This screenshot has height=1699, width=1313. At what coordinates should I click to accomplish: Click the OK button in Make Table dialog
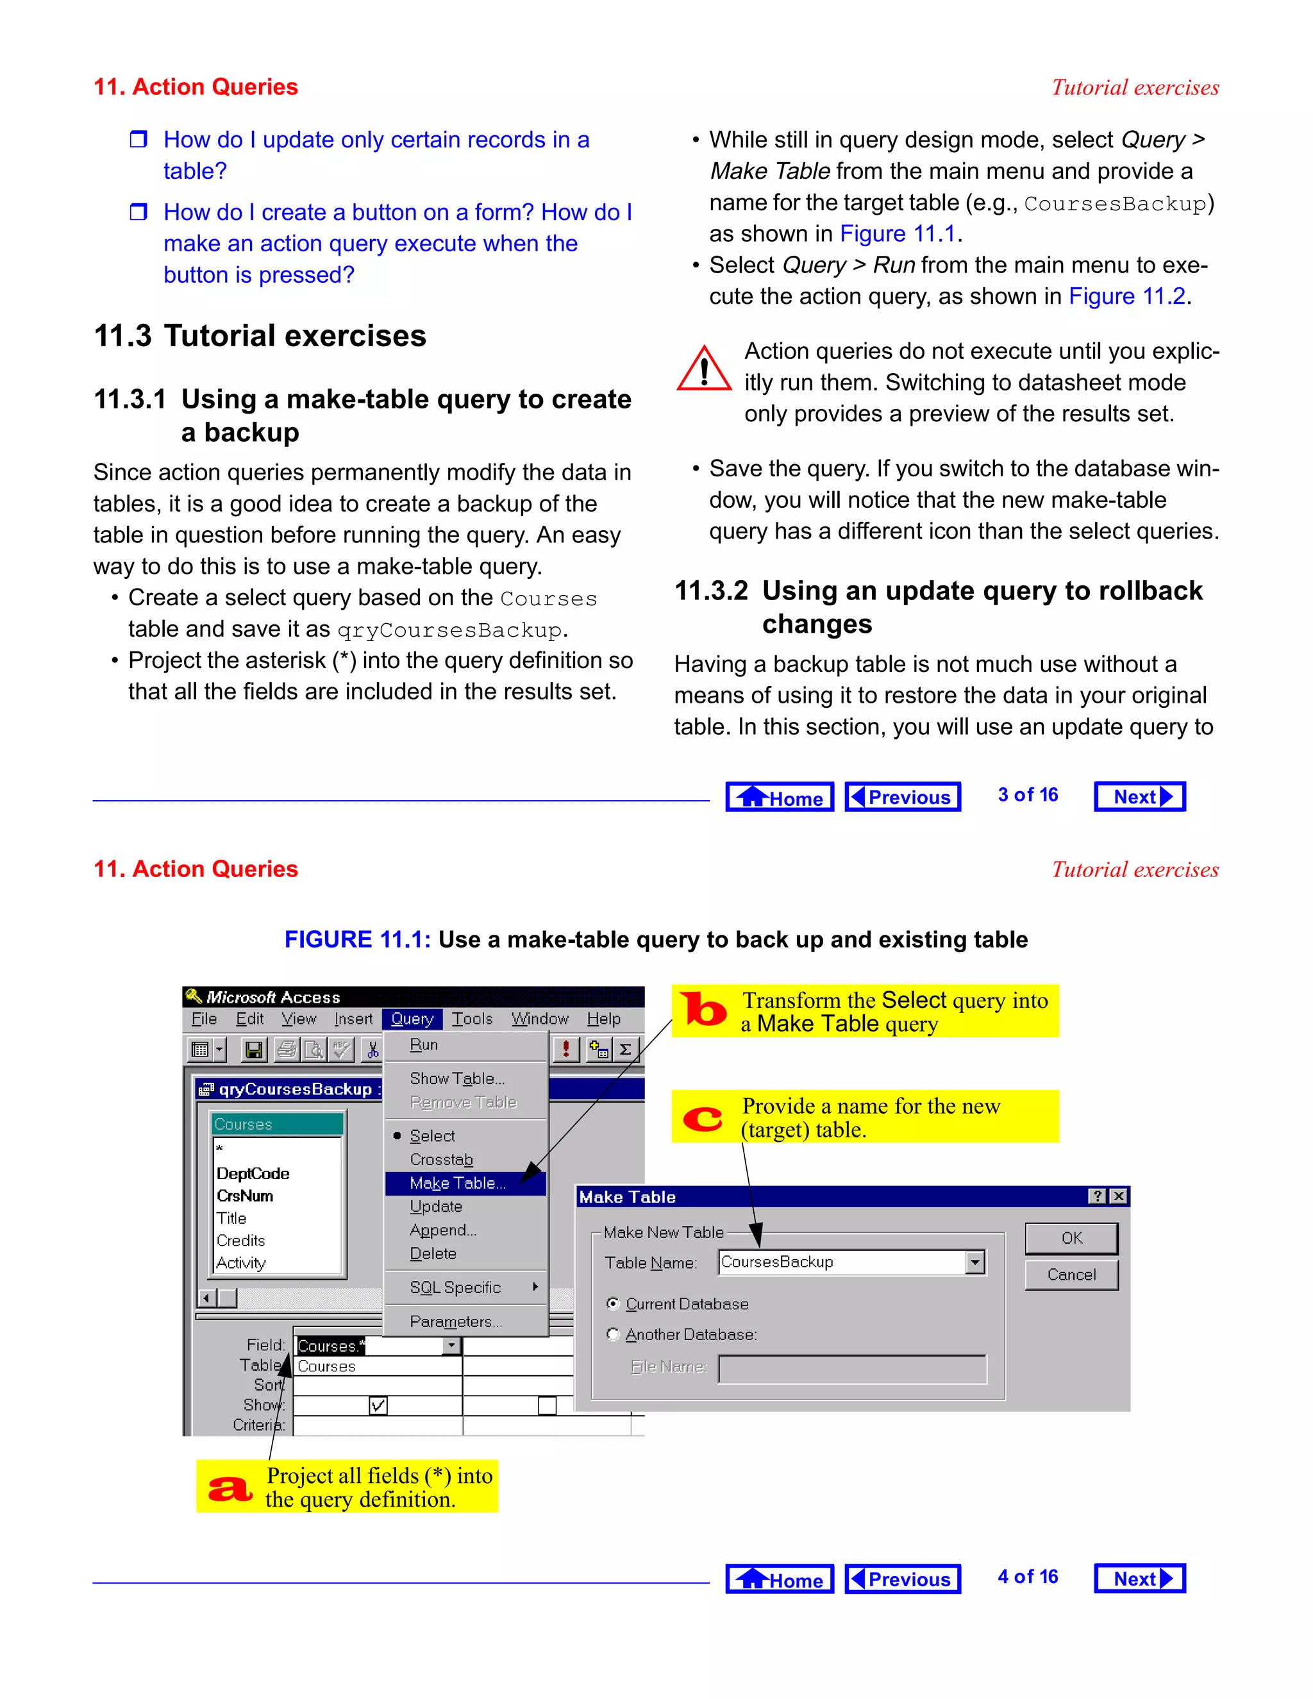(x=1071, y=1237)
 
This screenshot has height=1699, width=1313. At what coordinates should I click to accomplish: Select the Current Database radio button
(x=613, y=1304)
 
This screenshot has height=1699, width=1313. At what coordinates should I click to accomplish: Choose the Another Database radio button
(x=613, y=1334)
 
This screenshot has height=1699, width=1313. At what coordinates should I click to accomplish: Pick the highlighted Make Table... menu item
(x=457, y=1184)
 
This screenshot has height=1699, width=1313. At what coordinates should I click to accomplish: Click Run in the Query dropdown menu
(x=424, y=1045)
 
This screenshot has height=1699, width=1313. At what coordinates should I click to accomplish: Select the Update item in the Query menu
(x=435, y=1207)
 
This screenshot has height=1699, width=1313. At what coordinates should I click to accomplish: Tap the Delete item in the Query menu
(x=433, y=1253)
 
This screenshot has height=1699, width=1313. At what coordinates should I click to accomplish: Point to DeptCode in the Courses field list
(x=253, y=1173)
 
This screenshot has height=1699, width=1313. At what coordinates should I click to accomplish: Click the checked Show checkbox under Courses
(x=378, y=1405)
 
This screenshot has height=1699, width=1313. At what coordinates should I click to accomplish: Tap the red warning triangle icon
(x=704, y=369)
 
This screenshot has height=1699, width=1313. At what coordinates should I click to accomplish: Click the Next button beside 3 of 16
(x=1139, y=796)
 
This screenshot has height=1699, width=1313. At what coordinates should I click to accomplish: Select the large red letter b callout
(x=703, y=1010)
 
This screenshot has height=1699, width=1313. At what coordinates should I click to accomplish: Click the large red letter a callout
(x=230, y=1488)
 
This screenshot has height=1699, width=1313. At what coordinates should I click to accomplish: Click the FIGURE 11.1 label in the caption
(x=357, y=940)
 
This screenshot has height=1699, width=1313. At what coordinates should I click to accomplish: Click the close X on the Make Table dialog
(x=1119, y=1196)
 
